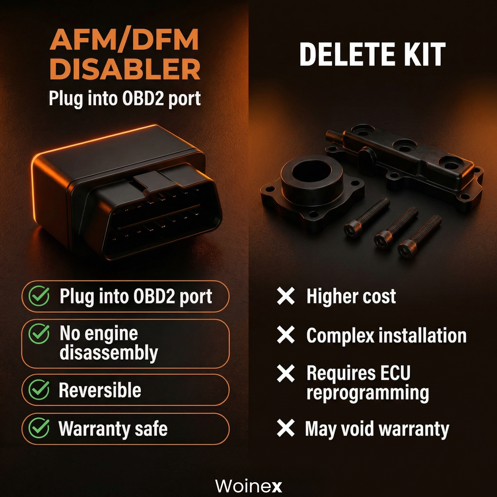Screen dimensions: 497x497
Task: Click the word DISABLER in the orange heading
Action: click(x=125, y=69)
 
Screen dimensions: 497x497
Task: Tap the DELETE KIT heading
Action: click(x=372, y=54)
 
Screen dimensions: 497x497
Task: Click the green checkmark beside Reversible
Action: click(x=39, y=390)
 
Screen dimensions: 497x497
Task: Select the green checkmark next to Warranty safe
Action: click(x=39, y=428)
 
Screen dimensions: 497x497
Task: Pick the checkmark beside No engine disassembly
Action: click(x=39, y=334)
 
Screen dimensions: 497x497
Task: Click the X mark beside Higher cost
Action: click(x=286, y=296)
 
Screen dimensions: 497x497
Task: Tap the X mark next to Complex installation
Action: click(x=286, y=335)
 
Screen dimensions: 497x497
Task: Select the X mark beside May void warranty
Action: click(x=286, y=428)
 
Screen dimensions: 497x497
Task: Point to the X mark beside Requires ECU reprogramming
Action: click(x=286, y=374)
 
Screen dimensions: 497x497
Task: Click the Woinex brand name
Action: click(x=248, y=486)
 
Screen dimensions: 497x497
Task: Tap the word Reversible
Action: click(x=100, y=390)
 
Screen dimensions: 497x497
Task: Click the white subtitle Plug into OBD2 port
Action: click(x=125, y=99)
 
